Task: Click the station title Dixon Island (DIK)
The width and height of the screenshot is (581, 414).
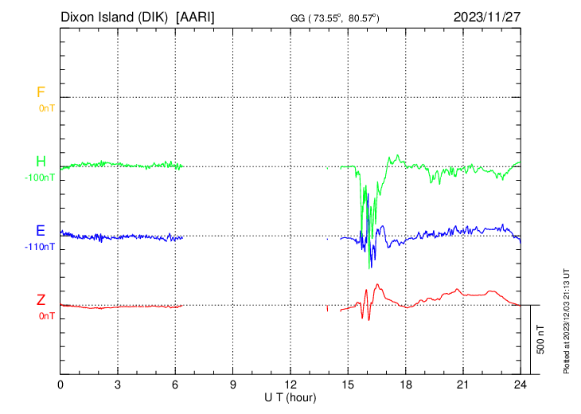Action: (116, 17)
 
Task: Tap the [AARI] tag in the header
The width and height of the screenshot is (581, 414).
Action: (195, 17)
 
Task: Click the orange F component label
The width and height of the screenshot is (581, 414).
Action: (41, 92)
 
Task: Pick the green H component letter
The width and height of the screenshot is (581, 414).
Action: (41, 162)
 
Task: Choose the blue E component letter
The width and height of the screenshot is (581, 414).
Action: (41, 231)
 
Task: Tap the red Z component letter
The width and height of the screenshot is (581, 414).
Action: (41, 300)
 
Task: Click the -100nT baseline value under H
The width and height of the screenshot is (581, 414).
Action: (41, 178)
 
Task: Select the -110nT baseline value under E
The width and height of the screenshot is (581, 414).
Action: (41, 247)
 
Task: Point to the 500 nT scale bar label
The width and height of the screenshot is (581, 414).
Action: (541, 339)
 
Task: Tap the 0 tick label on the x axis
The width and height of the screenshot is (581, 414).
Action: (60, 384)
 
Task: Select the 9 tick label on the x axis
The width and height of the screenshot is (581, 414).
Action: (233, 384)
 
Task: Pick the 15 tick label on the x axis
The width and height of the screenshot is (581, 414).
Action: (348, 384)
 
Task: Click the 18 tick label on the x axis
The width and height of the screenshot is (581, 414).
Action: (405, 384)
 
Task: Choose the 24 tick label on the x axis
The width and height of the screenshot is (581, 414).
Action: (521, 384)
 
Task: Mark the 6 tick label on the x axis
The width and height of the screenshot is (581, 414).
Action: (176, 384)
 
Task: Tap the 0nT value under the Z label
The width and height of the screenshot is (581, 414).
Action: (47, 316)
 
